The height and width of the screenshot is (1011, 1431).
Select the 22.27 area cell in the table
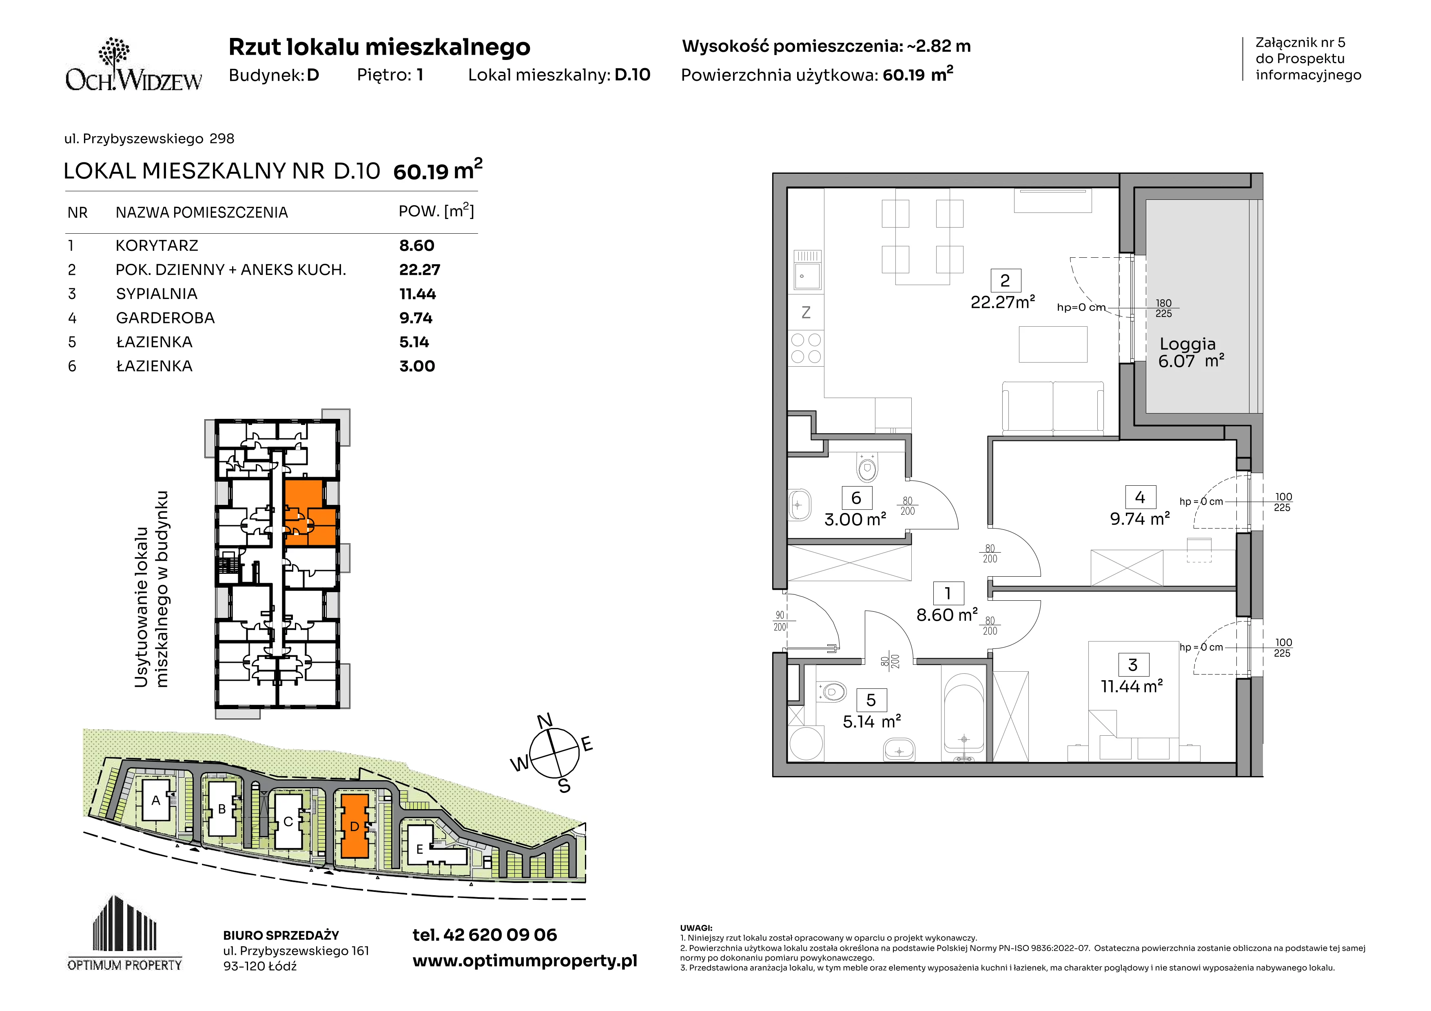click(x=419, y=270)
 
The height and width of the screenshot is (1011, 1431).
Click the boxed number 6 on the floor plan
click(x=856, y=498)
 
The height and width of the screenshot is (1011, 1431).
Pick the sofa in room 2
click(x=1053, y=408)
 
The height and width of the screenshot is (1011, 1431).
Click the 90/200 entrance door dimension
click(x=780, y=621)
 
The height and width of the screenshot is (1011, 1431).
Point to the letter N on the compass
click(x=545, y=721)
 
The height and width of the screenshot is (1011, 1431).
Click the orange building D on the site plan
click(x=354, y=826)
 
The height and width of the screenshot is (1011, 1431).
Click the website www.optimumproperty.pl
click(x=525, y=961)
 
